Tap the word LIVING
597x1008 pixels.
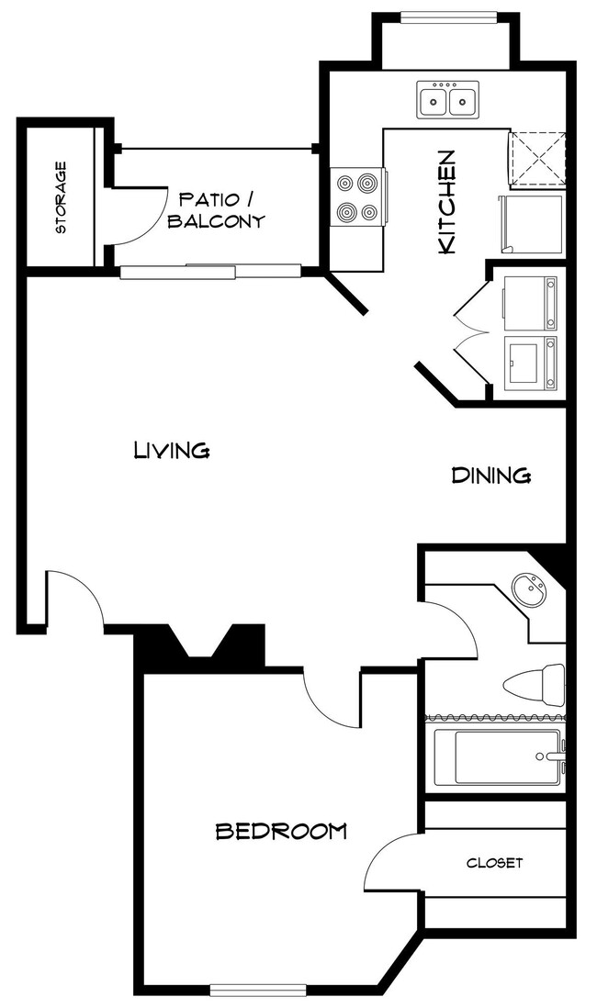coord(173,450)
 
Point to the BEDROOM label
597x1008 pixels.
coord(280,831)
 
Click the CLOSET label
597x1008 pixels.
coord(494,863)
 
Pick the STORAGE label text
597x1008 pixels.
coord(62,197)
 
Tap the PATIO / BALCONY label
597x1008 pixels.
coord(221,209)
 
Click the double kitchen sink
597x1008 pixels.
coord(447,99)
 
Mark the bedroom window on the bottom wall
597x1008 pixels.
coord(257,989)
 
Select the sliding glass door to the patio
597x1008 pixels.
coord(210,271)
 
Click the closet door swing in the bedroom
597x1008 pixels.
coord(390,863)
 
